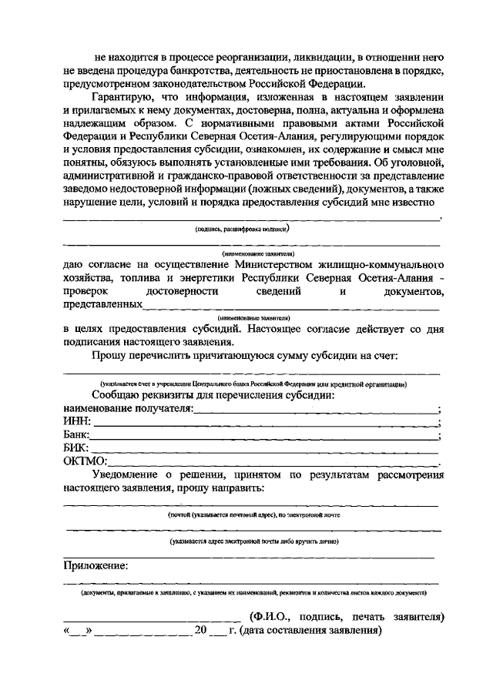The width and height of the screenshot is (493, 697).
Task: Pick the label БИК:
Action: point(76,448)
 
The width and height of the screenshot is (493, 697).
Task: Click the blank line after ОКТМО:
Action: point(273,463)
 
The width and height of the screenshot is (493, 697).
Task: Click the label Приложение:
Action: point(96,565)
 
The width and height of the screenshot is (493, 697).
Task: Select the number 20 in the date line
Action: point(201,630)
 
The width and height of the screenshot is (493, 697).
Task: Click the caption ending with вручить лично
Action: point(254,541)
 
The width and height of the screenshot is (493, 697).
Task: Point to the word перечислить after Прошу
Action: point(165,356)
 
